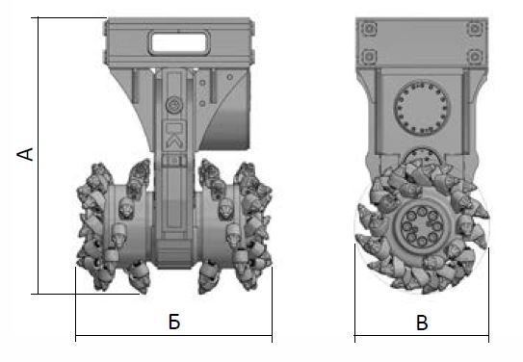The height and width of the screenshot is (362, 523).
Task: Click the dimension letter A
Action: [x=25, y=154]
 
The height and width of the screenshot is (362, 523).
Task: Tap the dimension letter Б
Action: [x=174, y=322]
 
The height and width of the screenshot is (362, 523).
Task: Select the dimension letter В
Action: [x=422, y=323]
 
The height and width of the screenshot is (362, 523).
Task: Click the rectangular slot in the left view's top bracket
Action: [x=179, y=42]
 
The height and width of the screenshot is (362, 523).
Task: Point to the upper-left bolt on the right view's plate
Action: [x=369, y=28]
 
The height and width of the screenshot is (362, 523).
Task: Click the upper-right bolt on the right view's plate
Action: [x=475, y=28]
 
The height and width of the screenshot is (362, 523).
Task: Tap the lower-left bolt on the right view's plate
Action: [x=369, y=57]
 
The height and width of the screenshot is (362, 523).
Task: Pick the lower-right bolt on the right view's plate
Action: [x=475, y=57]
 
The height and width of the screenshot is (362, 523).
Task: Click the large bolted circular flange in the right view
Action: [x=422, y=107]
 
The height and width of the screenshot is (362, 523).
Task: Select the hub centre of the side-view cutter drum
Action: [x=422, y=226]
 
